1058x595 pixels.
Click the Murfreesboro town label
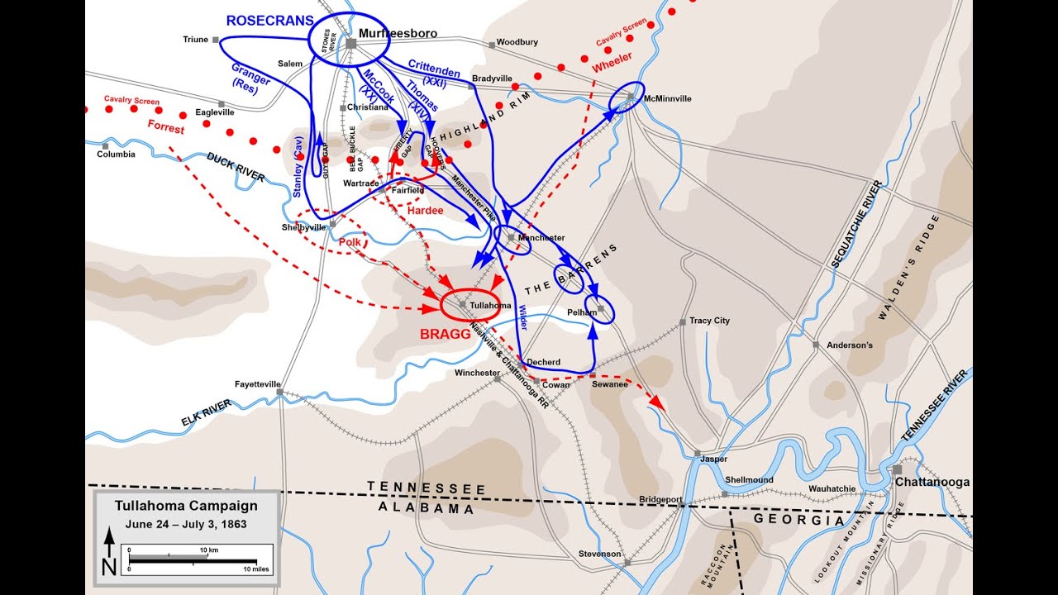click(398, 34)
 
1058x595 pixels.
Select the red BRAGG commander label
click(445, 335)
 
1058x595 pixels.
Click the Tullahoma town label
click(490, 305)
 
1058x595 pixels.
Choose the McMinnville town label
click(667, 98)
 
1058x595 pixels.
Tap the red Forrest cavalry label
click(167, 126)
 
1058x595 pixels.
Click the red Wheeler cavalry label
click(612, 60)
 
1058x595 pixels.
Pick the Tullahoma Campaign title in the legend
click(186, 506)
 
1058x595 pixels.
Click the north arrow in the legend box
click(109, 551)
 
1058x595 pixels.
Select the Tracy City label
click(709, 321)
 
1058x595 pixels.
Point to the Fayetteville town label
click(258, 384)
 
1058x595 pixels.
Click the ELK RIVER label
click(206, 412)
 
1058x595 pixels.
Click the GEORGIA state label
click(799, 521)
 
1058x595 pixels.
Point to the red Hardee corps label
click(425, 210)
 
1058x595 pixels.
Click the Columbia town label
click(116, 155)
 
